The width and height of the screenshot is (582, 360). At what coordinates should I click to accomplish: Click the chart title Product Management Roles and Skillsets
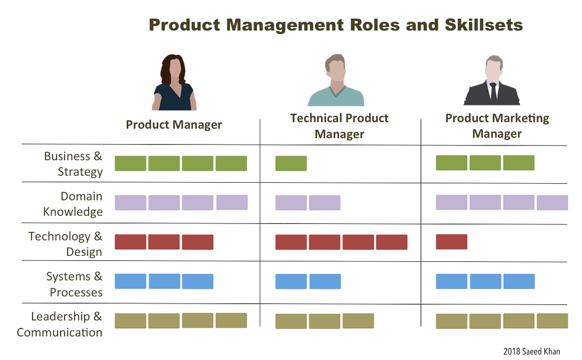[336, 25]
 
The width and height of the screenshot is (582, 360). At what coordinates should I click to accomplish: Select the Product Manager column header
[174, 125]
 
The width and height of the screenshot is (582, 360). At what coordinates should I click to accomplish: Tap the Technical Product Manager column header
[339, 126]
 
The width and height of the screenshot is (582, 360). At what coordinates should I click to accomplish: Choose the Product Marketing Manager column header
[497, 126]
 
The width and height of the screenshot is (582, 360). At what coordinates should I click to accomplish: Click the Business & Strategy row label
[74, 164]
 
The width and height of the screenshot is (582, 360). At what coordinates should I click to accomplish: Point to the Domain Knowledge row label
[73, 204]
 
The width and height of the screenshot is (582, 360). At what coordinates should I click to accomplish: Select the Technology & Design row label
[66, 244]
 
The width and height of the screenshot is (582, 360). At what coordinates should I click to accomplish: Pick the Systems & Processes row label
[75, 284]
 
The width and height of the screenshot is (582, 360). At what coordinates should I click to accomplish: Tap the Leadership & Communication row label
[60, 324]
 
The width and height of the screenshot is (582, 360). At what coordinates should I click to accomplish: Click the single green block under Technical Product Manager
[291, 164]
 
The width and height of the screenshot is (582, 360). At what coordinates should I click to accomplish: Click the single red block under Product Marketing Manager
[452, 242]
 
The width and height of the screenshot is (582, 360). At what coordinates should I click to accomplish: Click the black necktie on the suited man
[493, 91]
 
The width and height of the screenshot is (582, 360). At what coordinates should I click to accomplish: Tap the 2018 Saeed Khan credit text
[532, 351]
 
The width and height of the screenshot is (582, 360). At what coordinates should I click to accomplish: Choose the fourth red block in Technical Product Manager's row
[391, 242]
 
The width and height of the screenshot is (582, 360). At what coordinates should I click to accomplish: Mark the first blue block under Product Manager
[130, 281]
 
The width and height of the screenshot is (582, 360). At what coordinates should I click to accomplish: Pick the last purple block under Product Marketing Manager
[552, 203]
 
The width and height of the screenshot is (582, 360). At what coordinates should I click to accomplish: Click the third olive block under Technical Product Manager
[358, 321]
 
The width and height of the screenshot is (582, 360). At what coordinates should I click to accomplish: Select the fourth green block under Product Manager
[231, 164]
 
